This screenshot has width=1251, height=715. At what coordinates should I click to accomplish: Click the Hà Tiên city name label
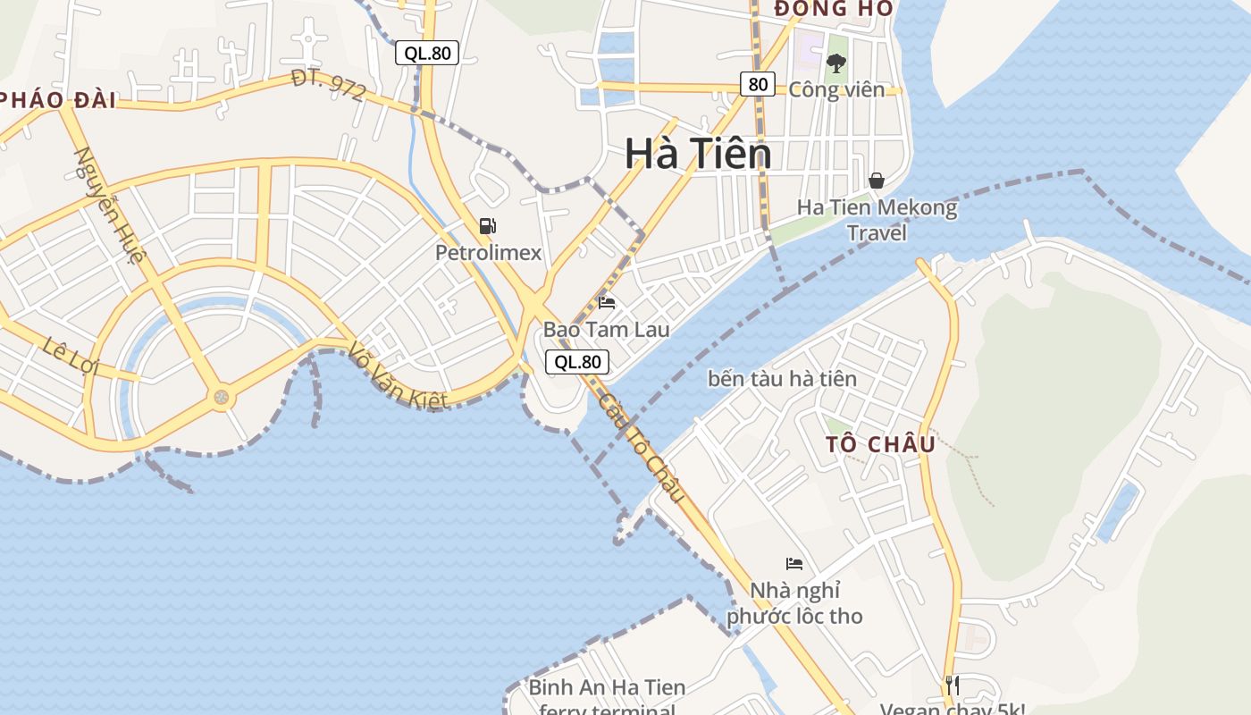(698, 154)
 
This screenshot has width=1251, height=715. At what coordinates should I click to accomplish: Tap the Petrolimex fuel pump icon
(488, 226)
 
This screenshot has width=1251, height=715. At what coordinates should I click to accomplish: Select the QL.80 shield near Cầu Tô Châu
(577, 362)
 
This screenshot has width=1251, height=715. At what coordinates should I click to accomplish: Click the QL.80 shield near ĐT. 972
(427, 53)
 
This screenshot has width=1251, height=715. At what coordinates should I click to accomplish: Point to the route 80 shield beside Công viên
(757, 84)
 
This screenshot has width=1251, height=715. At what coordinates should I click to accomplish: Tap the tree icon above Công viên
(836, 63)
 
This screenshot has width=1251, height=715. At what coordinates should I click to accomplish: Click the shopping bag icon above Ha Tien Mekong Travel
(877, 181)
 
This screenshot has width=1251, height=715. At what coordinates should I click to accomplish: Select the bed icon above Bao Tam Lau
(607, 303)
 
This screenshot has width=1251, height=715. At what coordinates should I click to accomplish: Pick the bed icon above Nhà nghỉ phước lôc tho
(794, 563)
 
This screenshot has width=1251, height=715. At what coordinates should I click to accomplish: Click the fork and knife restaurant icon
(953, 686)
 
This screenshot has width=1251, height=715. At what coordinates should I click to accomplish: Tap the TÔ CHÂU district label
(880, 444)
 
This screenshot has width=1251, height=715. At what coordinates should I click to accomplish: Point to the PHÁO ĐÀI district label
(58, 100)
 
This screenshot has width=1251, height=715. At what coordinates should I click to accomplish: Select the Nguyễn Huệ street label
(109, 206)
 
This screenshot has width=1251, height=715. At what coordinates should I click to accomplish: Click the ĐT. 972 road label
(328, 86)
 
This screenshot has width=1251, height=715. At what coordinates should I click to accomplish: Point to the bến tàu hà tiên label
(782, 379)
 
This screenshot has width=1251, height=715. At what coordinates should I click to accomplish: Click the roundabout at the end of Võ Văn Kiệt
(221, 396)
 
